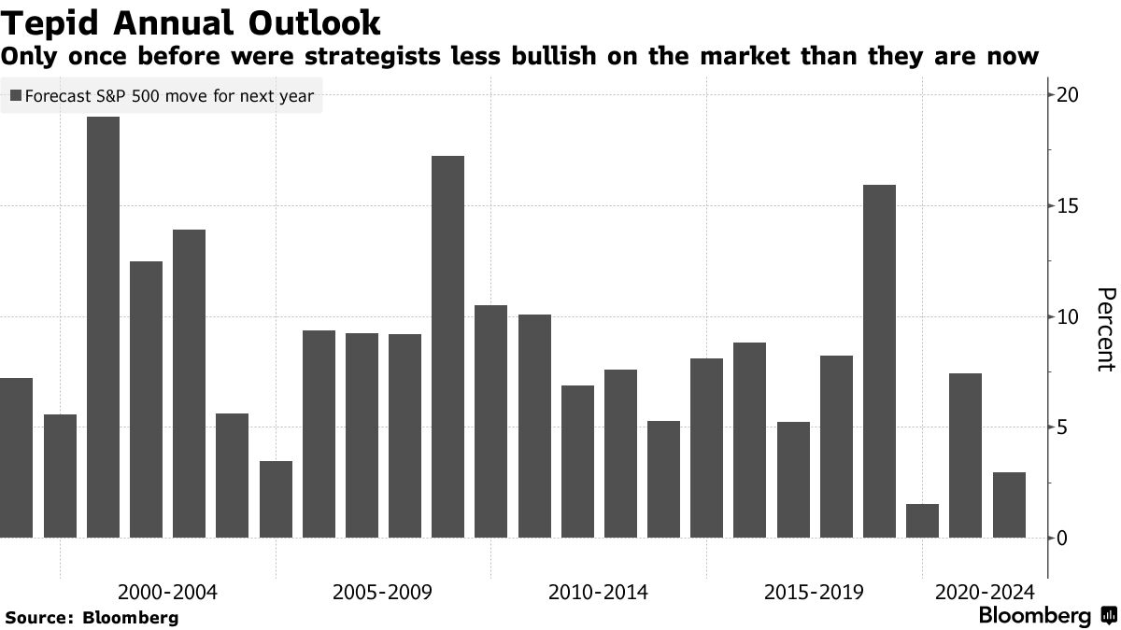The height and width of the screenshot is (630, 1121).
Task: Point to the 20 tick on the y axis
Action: pyautogui.click(x=1068, y=95)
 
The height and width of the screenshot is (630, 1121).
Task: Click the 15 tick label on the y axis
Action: pyautogui.click(x=1068, y=206)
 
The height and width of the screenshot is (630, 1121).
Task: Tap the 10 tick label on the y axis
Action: pyautogui.click(x=1068, y=317)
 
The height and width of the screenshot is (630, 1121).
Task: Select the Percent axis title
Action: pyautogui.click(x=1104, y=329)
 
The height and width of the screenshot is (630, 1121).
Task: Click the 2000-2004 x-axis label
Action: pyautogui.click(x=168, y=592)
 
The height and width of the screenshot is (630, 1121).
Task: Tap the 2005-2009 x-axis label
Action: pyautogui.click(x=383, y=592)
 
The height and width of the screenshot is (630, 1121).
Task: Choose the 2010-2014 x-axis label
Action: pyautogui.click(x=598, y=592)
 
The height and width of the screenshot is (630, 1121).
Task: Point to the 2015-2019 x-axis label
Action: pyautogui.click(x=814, y=592)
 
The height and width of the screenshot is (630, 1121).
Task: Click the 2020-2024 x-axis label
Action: pyautogui.click(x=984, y=592)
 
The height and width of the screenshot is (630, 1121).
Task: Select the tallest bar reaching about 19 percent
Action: pyautogui.click(x=103, y=327)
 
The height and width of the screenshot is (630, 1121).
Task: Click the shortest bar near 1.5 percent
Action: pyautogui.click(x=922, y=521)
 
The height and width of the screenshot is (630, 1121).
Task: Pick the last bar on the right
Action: pyautogui.click(x=1009, y=505)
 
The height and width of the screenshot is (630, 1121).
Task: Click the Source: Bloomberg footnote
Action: pyautogui.click(x=92, y=618)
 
